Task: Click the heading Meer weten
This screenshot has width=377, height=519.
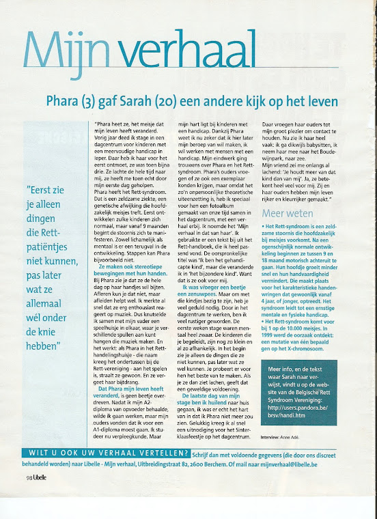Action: [x=284, y=213]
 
